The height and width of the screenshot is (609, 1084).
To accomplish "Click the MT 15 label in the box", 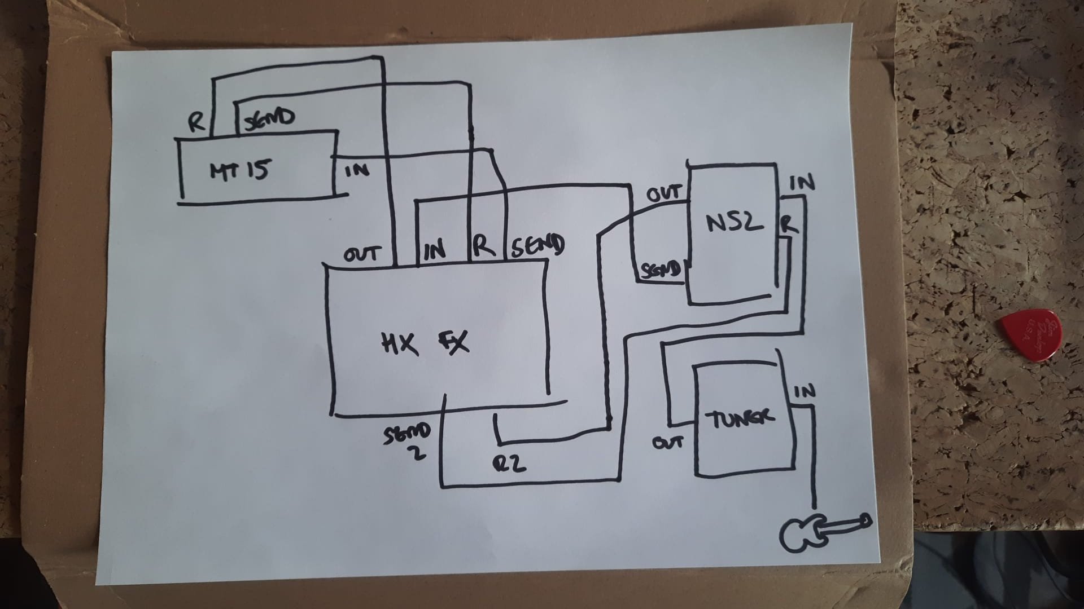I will click(x=239, y=169).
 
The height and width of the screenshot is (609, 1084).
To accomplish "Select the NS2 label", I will click(x=734, y=223).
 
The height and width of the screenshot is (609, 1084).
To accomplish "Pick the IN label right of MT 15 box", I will click(x=357, y=169).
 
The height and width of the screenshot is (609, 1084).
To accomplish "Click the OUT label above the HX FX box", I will click(x=361, y=255).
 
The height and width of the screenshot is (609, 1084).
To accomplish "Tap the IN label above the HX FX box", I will click(x=434, y=249).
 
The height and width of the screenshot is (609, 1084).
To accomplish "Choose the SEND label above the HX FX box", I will click(x=537, y=246).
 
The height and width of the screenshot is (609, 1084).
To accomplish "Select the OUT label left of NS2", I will click(x=664, y=195).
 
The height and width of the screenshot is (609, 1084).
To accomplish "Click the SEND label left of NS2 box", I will click(x=661, y=271).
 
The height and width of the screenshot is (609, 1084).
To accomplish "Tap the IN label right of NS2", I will click(x=802, y=183).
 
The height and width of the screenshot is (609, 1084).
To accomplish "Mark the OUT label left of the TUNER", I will click(x=668, y=443).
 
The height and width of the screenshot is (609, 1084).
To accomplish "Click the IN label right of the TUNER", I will click(x=805, y=391).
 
